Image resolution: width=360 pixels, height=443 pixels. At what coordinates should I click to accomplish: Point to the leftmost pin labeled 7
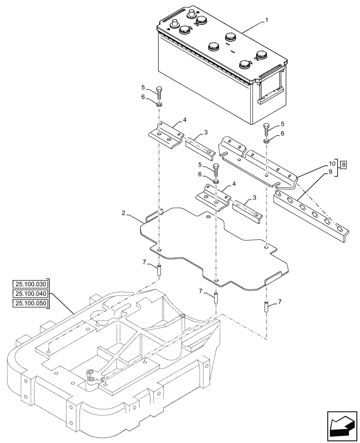click(159, 269)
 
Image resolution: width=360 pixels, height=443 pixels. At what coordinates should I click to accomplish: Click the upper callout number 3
click(206, 133)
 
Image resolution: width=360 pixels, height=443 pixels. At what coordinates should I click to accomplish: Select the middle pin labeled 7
click(215, 297)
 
